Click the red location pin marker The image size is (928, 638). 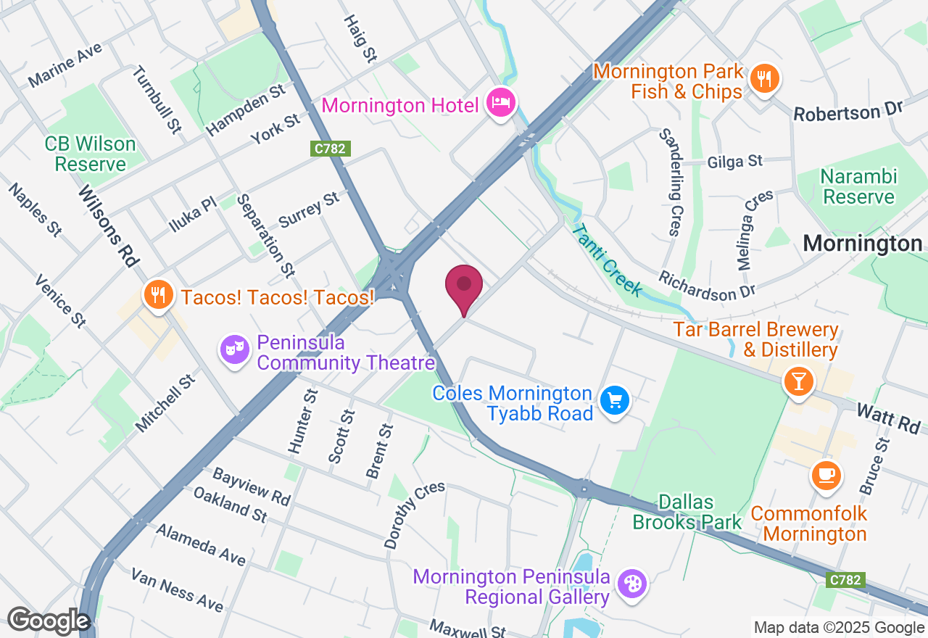464,286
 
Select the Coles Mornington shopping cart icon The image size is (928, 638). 615,400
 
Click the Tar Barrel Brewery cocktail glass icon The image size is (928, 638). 799,381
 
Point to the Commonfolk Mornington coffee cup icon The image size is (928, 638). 826,476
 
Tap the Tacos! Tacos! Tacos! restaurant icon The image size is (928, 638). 157,295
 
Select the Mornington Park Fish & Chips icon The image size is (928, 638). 764,78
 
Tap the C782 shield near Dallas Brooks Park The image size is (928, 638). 845,580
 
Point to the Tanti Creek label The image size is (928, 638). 608,260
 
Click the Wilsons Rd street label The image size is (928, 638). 109,225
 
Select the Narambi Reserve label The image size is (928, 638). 858,187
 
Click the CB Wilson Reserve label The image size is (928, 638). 90,154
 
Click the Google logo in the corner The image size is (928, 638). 48,621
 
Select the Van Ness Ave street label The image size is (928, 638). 177,589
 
